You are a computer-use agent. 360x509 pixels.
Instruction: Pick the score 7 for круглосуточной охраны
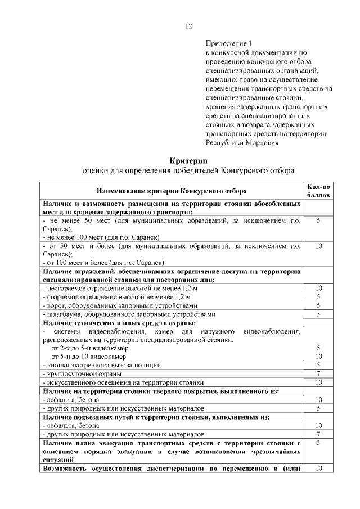(x=318, y=373)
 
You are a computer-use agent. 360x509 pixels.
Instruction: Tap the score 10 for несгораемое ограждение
(x=318, y=288)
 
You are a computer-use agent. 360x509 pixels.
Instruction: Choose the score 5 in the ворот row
(x=318, y=305)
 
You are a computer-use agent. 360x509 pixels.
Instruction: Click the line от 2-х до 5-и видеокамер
(x=88, y=348)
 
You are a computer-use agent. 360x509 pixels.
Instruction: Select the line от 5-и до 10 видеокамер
(x=88, y=357)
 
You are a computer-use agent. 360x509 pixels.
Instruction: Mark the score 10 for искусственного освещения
(x=318, y=382)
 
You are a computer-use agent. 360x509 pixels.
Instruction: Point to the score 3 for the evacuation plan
(x=318, y=443)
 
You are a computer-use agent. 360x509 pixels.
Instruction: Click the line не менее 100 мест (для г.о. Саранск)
(x=102, y=237)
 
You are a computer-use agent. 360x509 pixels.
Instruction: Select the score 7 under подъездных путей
(x=318, y=434)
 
